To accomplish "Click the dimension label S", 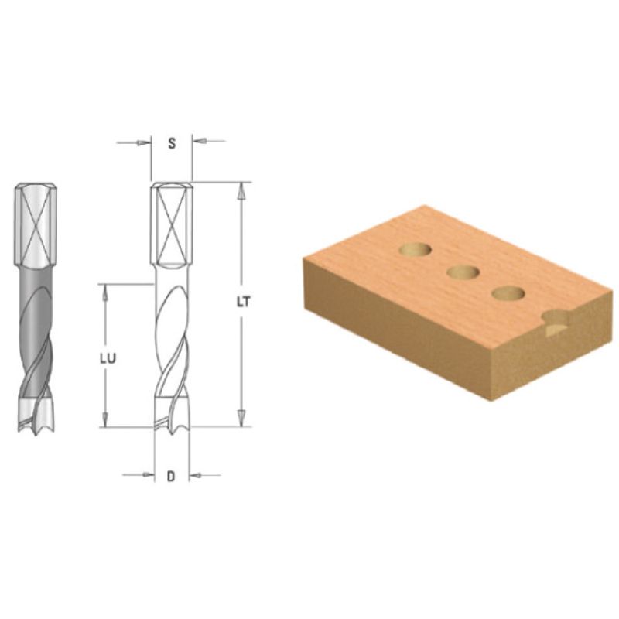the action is point(172,143).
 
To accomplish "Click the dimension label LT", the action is point(244,302).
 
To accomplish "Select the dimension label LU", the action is point(108,358).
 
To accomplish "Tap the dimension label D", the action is point(171,477).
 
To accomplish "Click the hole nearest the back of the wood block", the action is point(415,249).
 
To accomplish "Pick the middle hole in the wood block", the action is point(463,272).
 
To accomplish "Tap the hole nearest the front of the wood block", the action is point(508,293).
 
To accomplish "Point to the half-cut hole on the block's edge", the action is point(556,323).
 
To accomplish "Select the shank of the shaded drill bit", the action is point(36,224).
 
